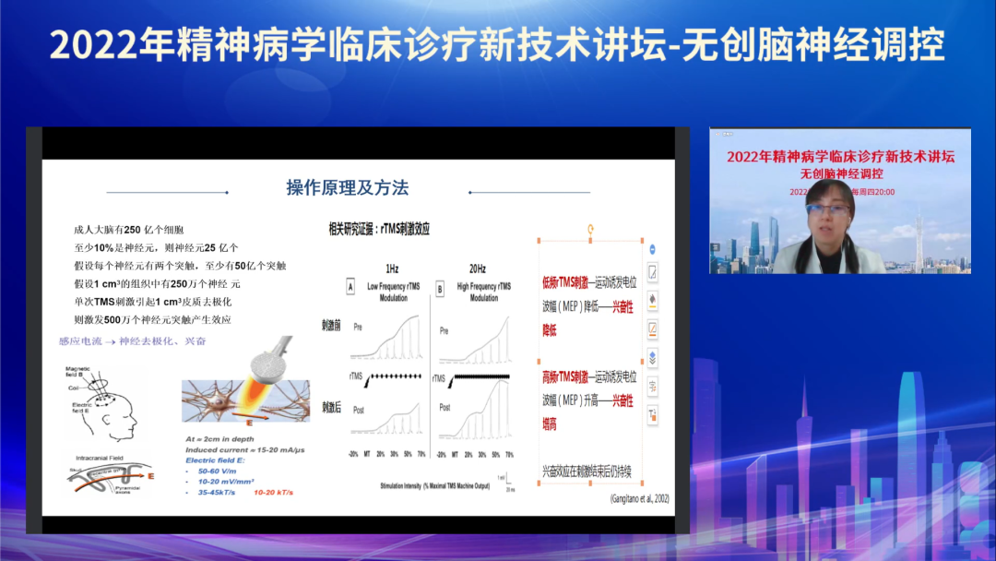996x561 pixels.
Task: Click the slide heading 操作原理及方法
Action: point(348,188)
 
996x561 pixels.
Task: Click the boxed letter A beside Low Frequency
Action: point(350,288)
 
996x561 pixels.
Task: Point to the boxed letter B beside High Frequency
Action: point(439,288)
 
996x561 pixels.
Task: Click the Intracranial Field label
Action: point(101,457)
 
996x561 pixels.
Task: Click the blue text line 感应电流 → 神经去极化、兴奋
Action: point(133,341)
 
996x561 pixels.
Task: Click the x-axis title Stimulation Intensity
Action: point(433,485)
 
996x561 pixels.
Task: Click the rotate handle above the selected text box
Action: point(591,229)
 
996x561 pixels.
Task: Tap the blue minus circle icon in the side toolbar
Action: point(653,250)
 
